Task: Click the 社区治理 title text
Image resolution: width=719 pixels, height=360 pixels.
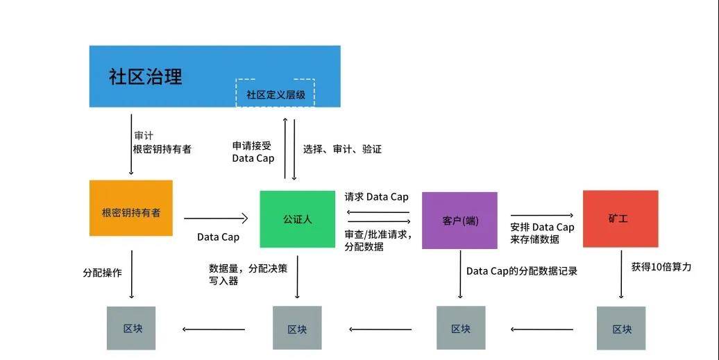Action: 145,76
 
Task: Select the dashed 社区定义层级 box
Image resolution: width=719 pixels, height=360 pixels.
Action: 276,93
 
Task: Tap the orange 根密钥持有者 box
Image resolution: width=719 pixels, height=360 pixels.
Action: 130,209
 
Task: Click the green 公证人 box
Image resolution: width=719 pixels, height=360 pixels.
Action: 297,218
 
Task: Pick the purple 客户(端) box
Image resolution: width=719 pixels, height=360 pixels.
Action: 459,221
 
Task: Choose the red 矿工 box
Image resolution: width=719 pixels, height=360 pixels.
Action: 620,218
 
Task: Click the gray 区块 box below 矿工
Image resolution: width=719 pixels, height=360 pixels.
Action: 620,329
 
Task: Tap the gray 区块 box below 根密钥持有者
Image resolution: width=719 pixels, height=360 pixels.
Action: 131,328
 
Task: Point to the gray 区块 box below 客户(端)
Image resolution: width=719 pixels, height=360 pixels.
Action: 460,329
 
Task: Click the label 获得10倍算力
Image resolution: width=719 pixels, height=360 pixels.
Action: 661,267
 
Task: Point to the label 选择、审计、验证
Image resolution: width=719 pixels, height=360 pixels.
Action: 342,149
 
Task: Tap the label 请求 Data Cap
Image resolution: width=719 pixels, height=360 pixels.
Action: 376,197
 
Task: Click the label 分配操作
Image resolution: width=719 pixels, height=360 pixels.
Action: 102,273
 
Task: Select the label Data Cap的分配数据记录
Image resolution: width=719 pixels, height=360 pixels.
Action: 521,271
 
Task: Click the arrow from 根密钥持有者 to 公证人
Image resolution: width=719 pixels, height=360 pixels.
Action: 215,218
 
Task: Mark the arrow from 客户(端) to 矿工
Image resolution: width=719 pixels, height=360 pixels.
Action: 542,216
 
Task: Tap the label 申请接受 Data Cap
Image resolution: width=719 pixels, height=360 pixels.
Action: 253,152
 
